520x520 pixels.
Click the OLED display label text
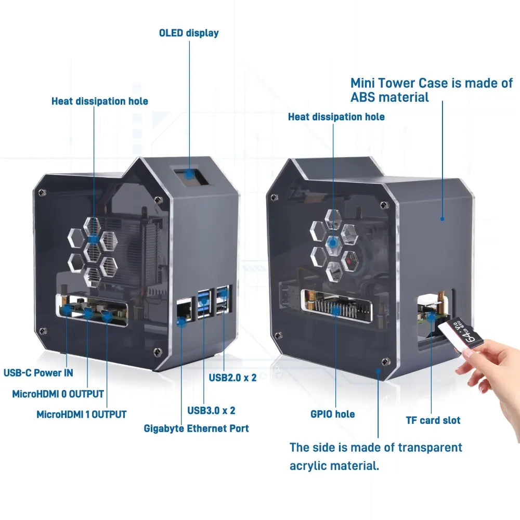pos(188,33)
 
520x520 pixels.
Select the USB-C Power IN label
pos(38,373)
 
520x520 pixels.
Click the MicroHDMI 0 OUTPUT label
pos(58,394)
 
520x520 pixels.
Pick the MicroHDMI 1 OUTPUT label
pos(81,415)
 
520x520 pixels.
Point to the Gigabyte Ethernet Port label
pos(196,428)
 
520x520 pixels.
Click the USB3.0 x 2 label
pos(211,410)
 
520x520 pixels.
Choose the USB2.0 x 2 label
pos(232,378)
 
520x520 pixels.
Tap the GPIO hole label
pos(332,414)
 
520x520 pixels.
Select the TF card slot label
pos(433,420)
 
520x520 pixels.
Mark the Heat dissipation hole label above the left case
pos(99,101)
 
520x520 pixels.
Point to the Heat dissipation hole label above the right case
pos(336,117)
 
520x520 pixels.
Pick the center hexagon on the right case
pos(334,242)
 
